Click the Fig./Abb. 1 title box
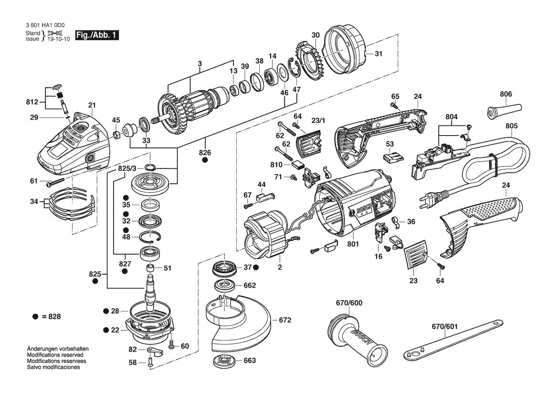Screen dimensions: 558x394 [x=97, y=36]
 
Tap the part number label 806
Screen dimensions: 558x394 [x=505, y=94]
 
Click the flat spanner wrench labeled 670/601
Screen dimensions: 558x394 [x=450, y=339]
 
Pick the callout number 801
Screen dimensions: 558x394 [x=353, y=245]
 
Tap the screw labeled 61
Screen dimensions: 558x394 [x=56, y=182]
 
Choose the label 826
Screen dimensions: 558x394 [x=205, y=153]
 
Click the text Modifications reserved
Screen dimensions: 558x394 [x=55, y=355]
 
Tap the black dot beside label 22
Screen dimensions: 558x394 [x=105, y=330]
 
